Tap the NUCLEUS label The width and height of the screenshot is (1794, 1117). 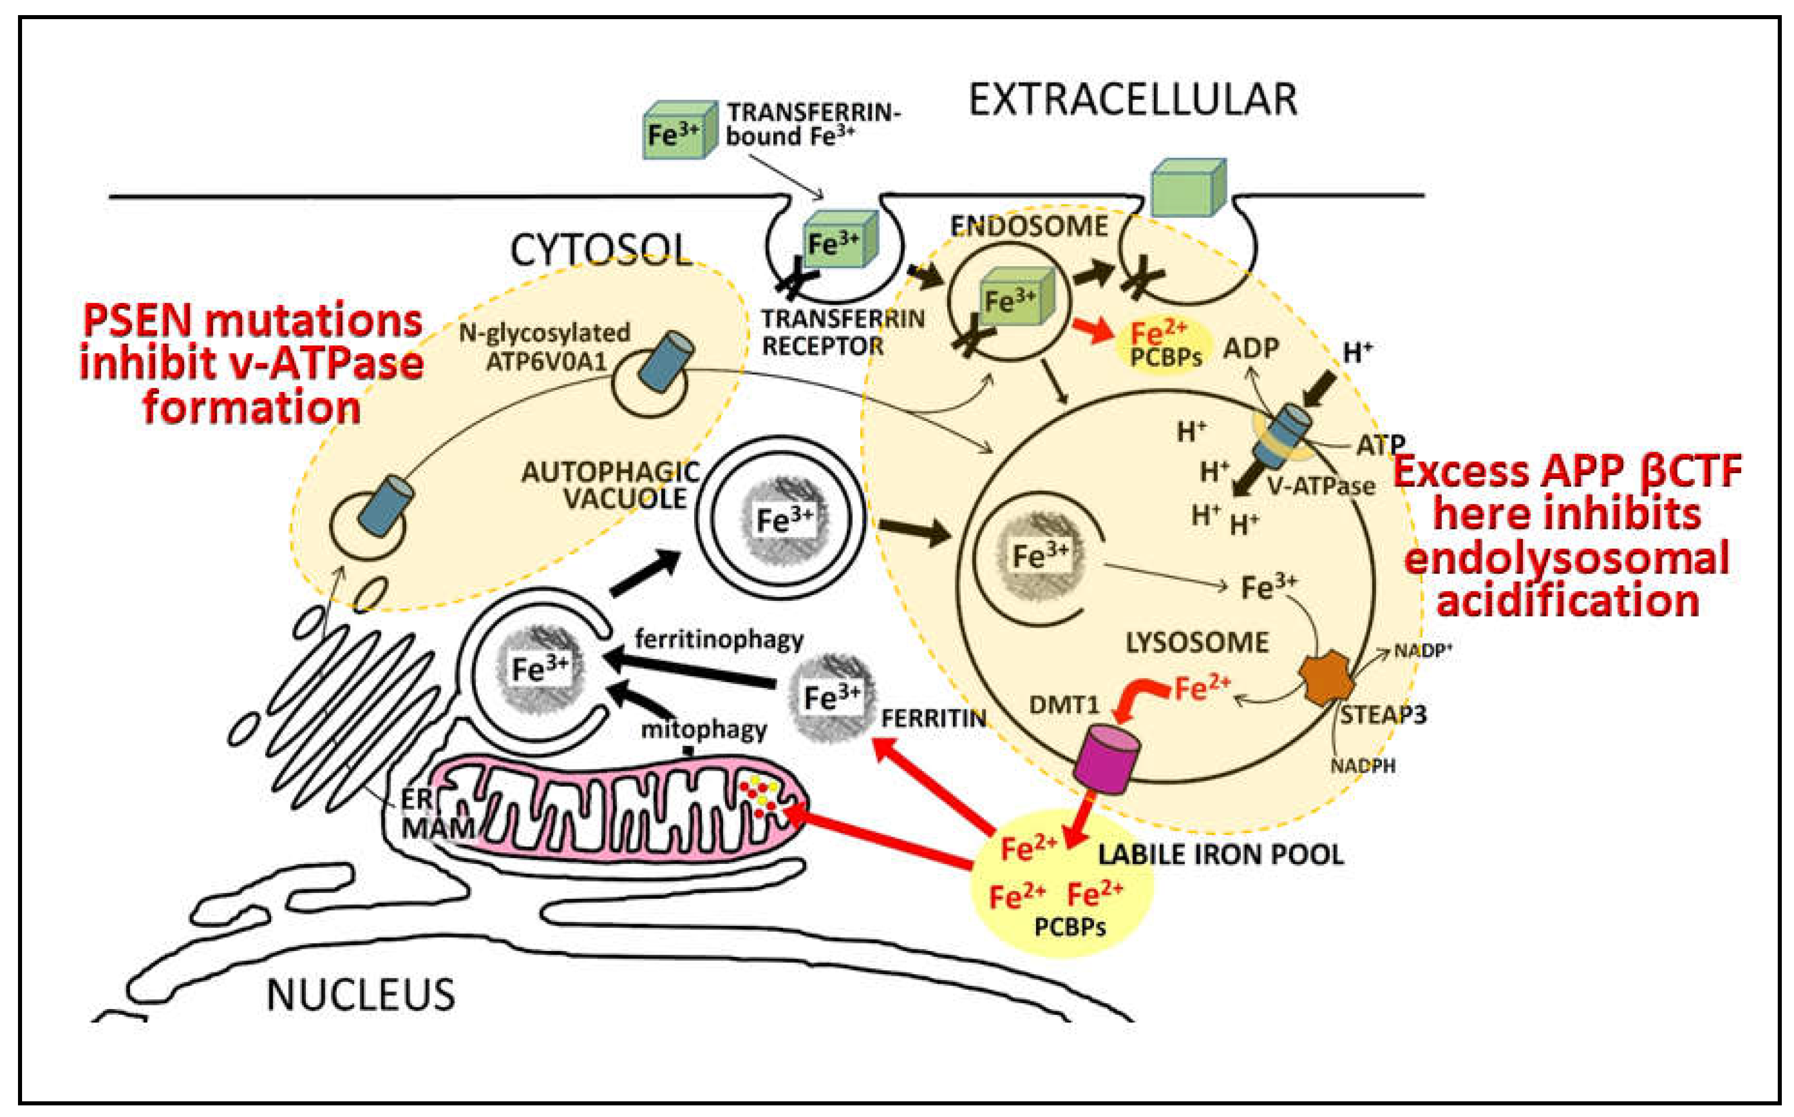point(360,995)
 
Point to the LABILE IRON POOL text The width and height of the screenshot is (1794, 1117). point(1220,855)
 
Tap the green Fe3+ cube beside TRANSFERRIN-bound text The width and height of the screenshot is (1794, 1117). point(678,131)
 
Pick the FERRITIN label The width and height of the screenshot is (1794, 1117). point(933,718)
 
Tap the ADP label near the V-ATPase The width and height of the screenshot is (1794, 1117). point(1250,347)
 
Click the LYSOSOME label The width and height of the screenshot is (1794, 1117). point(1197,642)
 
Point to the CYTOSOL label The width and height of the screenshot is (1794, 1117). point(601,251)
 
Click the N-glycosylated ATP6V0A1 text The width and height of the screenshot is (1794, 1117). point(545,346)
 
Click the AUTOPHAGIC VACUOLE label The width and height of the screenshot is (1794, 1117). point(612,485)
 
